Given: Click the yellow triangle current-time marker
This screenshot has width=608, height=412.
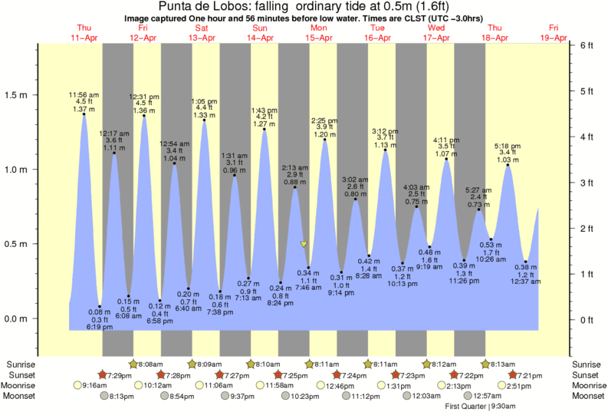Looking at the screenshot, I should pyautogui.click(x=304, y=245).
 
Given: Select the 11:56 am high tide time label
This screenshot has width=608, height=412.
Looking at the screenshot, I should pyautogui.click(x=84, y=95).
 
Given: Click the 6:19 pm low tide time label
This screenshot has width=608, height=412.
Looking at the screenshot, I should pyautogui.click(x=100, y=328).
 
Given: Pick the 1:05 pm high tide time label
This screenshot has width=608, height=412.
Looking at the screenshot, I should pyautogui.click(x=203, y=101).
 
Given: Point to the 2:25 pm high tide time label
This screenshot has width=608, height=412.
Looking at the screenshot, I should pyautogui.click(x=325, y=120).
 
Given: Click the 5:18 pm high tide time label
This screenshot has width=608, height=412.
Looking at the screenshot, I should pyautogui.click(x=508, y=145).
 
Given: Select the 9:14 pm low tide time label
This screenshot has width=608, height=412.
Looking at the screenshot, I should pyautogui.click(x=341, y=293).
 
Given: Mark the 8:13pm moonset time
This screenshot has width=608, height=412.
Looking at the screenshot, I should pyautogui.click(x=120, y=396).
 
